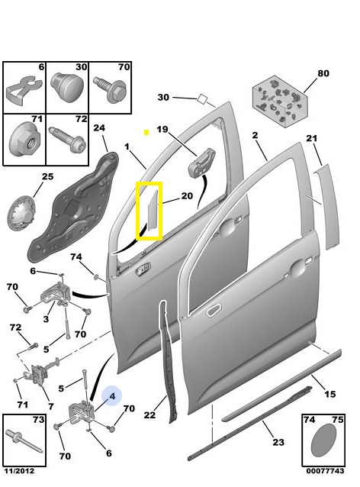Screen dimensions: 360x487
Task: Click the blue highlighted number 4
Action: (112, 396)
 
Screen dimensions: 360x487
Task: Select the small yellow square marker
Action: (146, 133)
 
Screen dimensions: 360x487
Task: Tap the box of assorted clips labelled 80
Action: (280, 102)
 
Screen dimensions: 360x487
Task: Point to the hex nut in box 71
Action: (25, 140)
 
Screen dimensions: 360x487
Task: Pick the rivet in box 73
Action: (24, 440)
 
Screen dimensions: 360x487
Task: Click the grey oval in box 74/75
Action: (323, 440)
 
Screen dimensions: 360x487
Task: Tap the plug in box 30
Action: (66, 87)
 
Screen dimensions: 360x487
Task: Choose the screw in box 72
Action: (67, 139)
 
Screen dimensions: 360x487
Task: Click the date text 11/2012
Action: (19, 471)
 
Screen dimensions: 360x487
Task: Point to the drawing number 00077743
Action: (325, 471)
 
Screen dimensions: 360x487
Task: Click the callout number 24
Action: (99, 127)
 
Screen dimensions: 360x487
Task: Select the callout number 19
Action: (162, 129)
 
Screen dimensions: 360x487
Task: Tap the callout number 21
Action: (312, 138)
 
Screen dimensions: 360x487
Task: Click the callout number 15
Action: (330, 394)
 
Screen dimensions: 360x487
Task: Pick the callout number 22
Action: (149, 415)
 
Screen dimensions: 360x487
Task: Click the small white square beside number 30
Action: (202, 98)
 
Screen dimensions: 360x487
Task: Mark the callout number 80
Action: (323, 73)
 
